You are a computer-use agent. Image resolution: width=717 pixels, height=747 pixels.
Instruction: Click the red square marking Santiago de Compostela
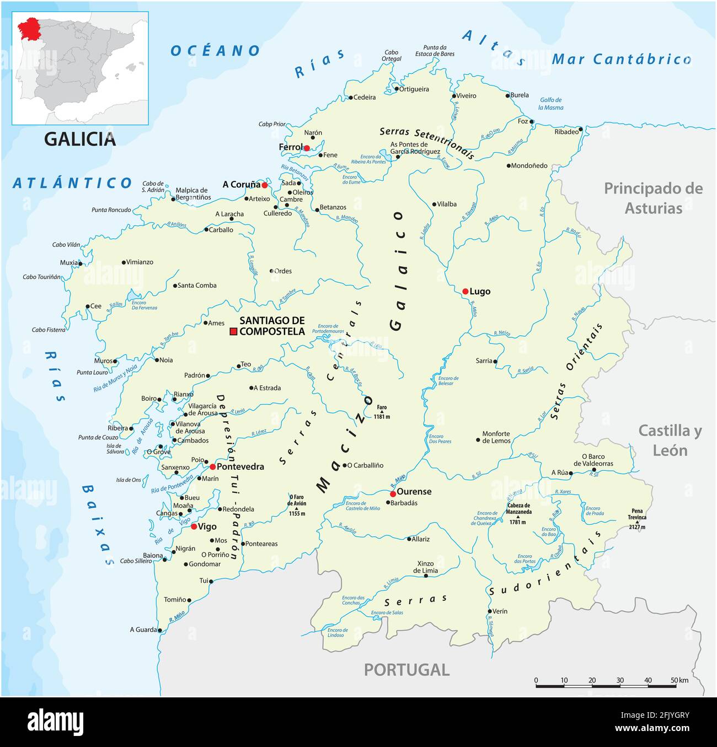pyautogui.click(x=233, y=331)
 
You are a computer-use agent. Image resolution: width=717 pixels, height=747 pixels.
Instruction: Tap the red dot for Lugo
pyautogui.click(x=465, y=291)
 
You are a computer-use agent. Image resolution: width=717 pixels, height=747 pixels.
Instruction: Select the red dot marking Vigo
pyautogui.click(x=194, y=526)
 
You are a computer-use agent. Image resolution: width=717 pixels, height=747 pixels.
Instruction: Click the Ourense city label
pyautogui.click(x=414, y=491)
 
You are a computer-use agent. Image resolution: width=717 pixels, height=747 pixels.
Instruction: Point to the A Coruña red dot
pyautogui.click(x=265, y=185)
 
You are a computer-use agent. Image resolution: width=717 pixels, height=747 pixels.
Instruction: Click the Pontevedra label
pyautogui.click(x=240, y=466)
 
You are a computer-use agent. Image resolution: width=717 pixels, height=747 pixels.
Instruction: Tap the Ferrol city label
pyautogui.click(x=290, y=147)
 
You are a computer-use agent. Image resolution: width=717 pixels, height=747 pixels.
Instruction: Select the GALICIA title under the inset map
pyautogui.click(x=80, y=139)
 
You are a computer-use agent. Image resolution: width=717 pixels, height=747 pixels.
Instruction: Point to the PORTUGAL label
pyautogui.click(x=406, y=670)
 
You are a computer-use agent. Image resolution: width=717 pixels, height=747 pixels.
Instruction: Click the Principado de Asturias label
pyautogui.click(x=654, y=198)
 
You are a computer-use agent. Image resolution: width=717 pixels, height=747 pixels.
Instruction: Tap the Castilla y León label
pyautogui.click(x=670, y=440)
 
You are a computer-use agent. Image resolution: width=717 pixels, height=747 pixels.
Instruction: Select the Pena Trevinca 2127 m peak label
pyautogui.click(x=637, y=518)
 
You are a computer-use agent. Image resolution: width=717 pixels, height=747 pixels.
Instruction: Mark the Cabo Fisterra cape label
pyautogui.click(x=49, y=330)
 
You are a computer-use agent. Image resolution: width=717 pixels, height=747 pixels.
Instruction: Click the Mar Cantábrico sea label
pyautogui.click(x=622, y=59)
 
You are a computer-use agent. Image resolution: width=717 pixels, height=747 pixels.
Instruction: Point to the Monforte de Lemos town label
pyautogui.click(x=496, y=437)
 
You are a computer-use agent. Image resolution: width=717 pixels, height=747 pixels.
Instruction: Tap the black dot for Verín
pyautogui.click(x=489, y=611)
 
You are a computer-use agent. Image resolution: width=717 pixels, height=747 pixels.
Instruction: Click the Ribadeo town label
pyautogui.click(x=566, y=132)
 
